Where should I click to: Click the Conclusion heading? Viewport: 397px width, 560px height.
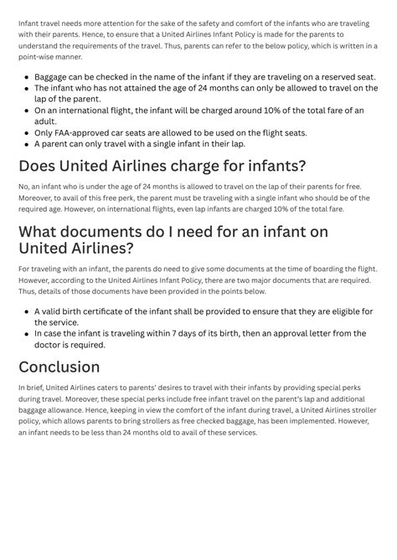[x=59, y=367]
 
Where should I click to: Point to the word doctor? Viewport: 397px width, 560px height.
[x=52, y=344]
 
